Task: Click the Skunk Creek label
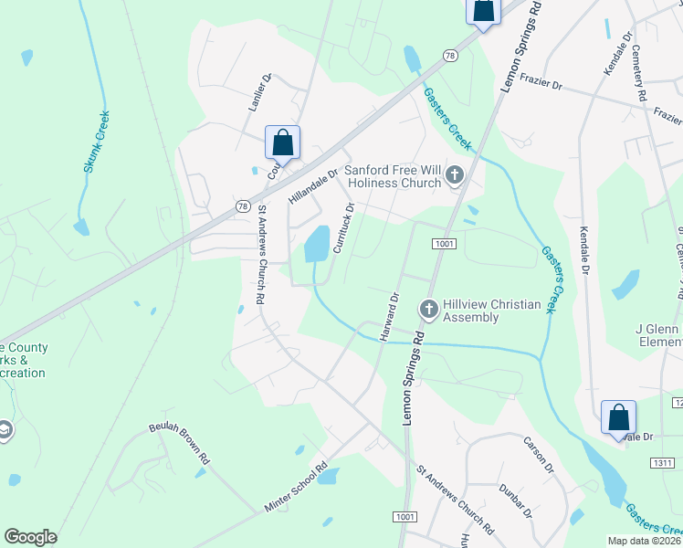(98, 142)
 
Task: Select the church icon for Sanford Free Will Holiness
(455, 174)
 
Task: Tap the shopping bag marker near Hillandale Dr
(283, 143)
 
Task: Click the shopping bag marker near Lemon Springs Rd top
(483, 11)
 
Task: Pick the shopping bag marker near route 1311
(618, 417)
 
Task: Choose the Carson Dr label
(539, 454)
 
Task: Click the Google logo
(30, 537)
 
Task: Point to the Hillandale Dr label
(313, 184)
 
